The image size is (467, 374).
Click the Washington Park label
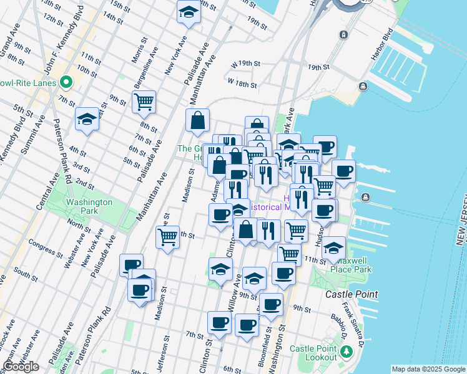click(89, 206)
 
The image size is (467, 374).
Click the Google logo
click(21, 367)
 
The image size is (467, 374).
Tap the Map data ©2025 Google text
click(428, 369)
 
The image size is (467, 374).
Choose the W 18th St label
click(242, 82)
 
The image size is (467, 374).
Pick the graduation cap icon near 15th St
click(188, 11)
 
